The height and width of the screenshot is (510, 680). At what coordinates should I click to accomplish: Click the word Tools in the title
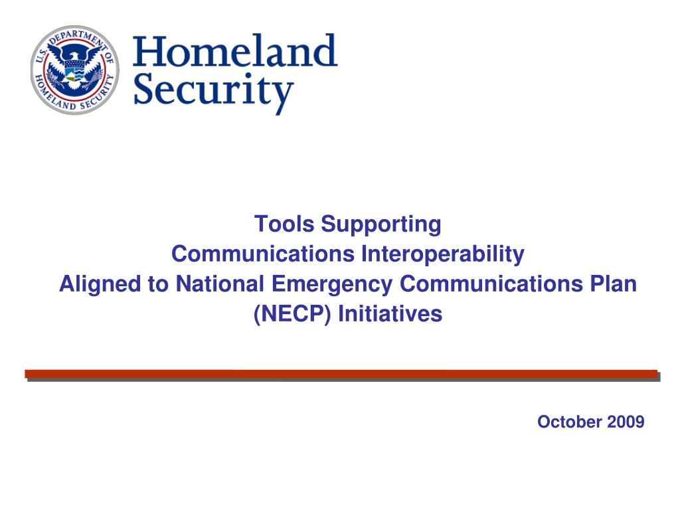[284, 224]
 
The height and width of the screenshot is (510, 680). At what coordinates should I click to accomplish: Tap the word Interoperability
[443, 255]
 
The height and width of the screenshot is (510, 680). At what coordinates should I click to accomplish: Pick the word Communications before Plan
[491, 284]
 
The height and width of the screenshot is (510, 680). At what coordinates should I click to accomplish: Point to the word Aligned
[100, 285]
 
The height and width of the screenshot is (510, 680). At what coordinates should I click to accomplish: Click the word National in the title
[220, 284]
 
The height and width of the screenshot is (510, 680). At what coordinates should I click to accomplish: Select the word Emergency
[332, 285]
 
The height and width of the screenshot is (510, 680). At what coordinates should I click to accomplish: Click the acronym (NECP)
[292, 314]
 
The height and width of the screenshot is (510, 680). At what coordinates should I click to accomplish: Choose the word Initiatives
[390, 314]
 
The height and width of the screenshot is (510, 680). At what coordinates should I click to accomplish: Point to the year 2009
[626, 422]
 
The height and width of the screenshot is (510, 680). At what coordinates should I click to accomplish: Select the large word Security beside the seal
[213, 91]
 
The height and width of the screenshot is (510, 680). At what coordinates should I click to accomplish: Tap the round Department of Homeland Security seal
[74, 69]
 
